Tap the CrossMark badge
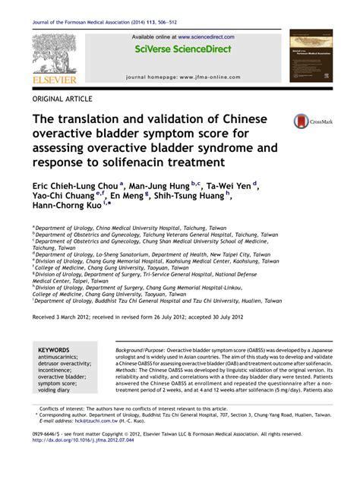pos(309,120)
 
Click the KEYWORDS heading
pos(54,350)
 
